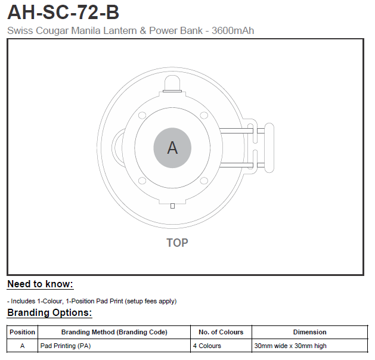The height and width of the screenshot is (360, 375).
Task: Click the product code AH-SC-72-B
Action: click(63, 13)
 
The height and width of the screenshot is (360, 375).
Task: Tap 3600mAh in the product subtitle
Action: click(233, 30)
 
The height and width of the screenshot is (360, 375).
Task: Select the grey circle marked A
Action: click(172, 148)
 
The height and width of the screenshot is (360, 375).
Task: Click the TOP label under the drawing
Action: click(177, 243)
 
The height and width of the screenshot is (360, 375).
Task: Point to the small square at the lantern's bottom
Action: click(172, 206)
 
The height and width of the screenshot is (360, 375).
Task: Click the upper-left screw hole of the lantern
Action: click(142, 115)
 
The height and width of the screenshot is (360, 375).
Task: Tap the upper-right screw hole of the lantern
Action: click(204, 115)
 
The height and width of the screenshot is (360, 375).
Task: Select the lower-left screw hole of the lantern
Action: click(142, 181)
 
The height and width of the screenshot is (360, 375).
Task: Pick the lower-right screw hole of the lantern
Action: click(204, 181)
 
